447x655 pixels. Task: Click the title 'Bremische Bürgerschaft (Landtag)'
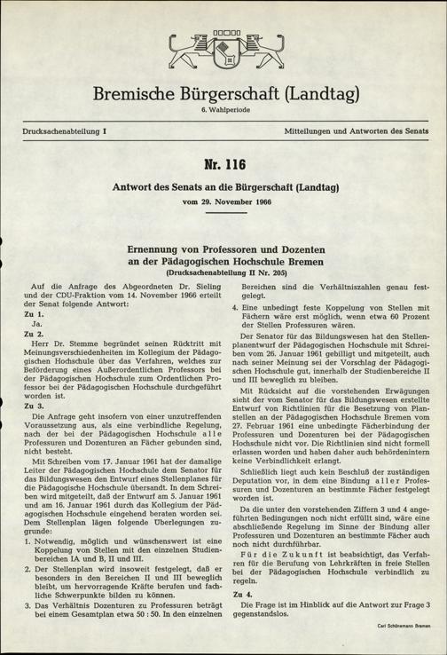tap(223, 93)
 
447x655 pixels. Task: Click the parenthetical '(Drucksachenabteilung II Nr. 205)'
tap(223, 274)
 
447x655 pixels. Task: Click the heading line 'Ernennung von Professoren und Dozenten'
tap(223, 249)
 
